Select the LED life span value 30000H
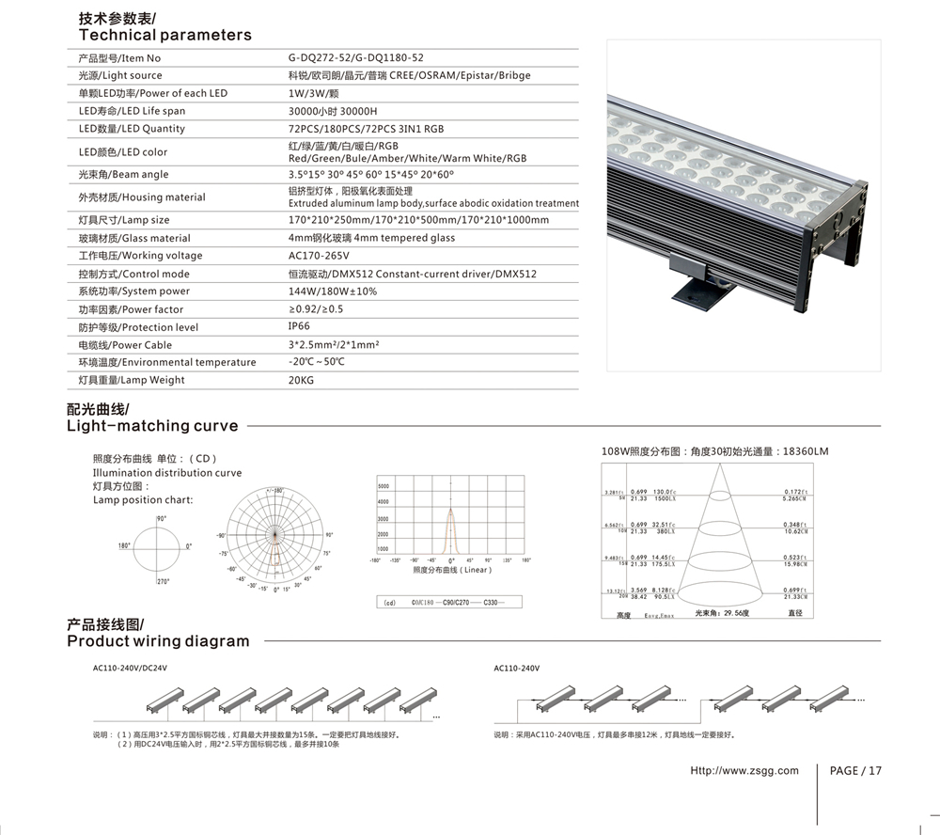(357, 111)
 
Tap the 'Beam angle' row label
(123, 175)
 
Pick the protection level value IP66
(299, 326)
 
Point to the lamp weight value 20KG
(301, 381)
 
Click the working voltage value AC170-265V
(319, 256)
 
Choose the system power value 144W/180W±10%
(333, 291)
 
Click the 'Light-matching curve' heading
(152, 426)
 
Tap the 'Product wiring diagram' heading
(158, 641)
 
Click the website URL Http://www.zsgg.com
(744, 771)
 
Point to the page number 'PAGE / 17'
(856, 771)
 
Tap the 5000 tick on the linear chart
(384, 486)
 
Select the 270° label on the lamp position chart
(161, 582)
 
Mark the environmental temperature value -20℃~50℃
(318, 362)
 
